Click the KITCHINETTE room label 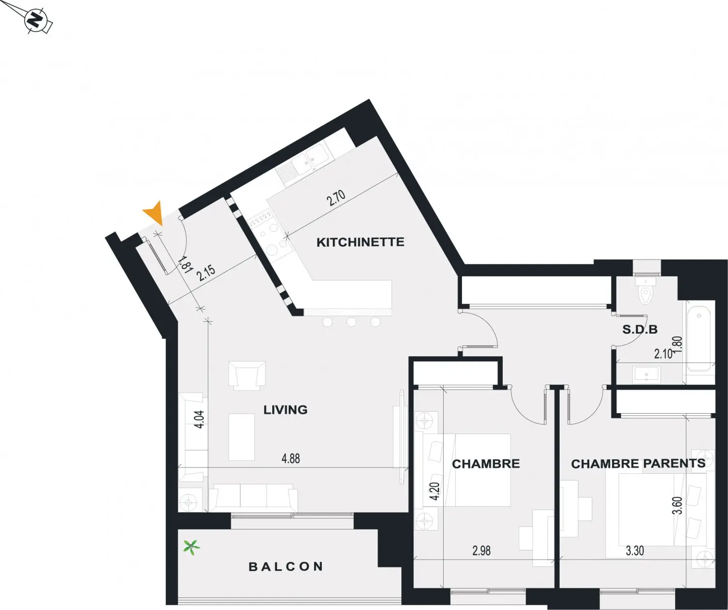pos(360,242)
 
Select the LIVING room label pos(285,410)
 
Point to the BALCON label pos(285,566)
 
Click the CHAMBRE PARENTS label pos(638,464)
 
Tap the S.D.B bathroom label pos(640,329)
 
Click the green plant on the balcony pos(191,547)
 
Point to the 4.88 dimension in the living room pos(291,459)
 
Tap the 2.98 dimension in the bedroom pos(481,551)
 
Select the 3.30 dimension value pos(634,551)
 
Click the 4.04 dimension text pos(199,419)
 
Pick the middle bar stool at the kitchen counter pos(351,322)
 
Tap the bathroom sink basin pos(646,374)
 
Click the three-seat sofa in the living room pos(253,498)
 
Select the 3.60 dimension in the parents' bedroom pos(678,505)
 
